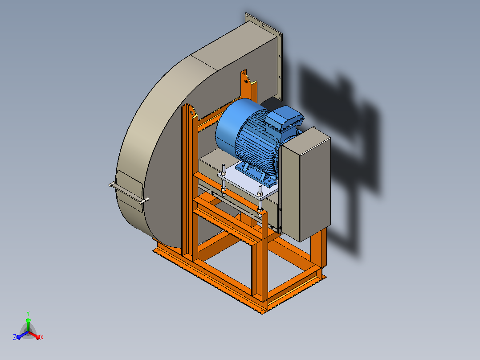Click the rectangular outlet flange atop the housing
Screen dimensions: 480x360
tap(264, 57)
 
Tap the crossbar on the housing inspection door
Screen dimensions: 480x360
tap(129, 193)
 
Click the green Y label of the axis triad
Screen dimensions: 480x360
tap(28, 314)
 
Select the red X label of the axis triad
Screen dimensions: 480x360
tap(42, 337)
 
